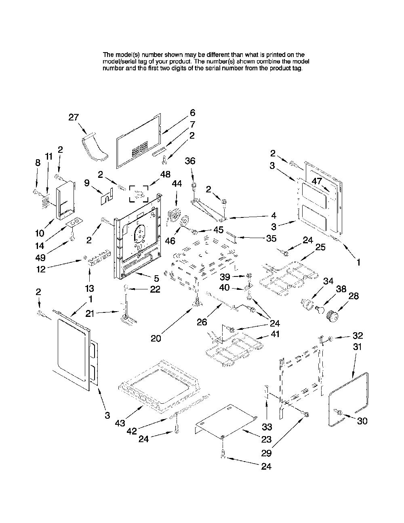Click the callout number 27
(74, 118)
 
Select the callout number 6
(192, 113)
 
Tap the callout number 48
(166, 174)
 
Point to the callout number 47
(317, 181)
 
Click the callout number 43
(120, 423)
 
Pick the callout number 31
(358, 347)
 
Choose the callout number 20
(156, 338)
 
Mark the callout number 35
(271, 238)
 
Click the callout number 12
(41, 269)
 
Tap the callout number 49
(40, 257)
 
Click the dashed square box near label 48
(139, 194)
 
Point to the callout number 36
(190, 161)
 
